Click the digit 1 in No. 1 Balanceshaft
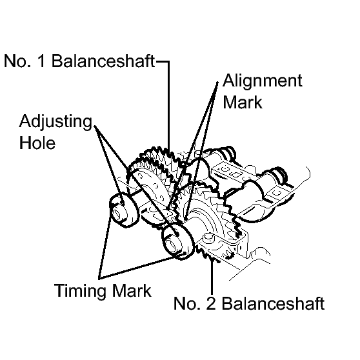41,61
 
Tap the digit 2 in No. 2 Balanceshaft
211,303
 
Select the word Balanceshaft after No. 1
103,61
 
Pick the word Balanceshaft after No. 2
273,303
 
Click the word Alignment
263,81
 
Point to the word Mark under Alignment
243,102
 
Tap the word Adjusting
55,122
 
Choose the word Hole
37,143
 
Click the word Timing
81,291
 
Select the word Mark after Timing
132,291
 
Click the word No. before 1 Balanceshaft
17,61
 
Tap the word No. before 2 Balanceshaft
187,303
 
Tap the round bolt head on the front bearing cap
207,237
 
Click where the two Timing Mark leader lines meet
99,278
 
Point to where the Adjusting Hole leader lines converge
95,126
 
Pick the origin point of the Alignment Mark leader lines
217,83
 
